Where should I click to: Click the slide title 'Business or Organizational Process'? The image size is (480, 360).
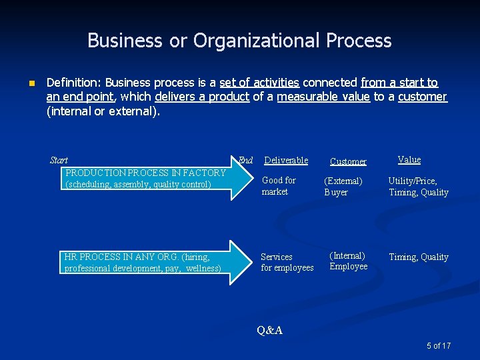[x=239, y=41]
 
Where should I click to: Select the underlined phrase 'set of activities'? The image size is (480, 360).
[x=259, y=83]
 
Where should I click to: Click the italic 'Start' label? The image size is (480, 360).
[x=59, y=160]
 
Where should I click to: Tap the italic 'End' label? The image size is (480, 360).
[x=245, y=160]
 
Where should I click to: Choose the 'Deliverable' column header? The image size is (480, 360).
[x=286, y=160]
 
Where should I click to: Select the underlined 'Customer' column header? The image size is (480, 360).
[x=348, y=161]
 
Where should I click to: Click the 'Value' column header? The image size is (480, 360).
[x=409, y=159]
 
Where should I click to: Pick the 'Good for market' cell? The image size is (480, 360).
[x=279, y=186]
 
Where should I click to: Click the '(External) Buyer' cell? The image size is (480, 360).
[x=343, y=187]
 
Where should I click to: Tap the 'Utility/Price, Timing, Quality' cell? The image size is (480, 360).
[x=418, y=187]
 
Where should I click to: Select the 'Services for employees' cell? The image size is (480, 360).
[x=287, y=262]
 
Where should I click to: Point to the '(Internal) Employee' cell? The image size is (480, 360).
[x=348, y=261]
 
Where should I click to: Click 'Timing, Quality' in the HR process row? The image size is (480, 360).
[x=418, y=257]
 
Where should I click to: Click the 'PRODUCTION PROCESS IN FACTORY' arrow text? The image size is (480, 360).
[x=145, y=173]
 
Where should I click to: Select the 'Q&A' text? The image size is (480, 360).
[x=269, y=330]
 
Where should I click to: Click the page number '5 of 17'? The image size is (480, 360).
[x=439, y=345]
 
